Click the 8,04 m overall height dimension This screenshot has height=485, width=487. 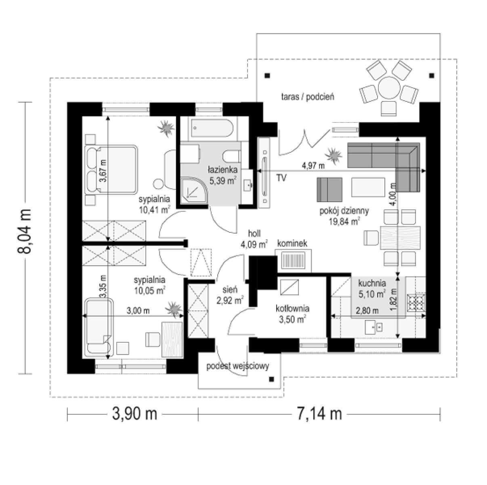point(24,231)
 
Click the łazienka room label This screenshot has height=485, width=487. point(223,169)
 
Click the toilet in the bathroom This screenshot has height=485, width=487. point(231,157)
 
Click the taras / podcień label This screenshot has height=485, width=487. point(308,97)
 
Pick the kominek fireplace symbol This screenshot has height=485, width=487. point(294,260)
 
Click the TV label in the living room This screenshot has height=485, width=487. point(281,178)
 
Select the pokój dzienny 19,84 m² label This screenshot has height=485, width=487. point(344,216)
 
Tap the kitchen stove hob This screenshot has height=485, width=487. point(416,303)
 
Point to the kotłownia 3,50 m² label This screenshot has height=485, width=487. point(292,314)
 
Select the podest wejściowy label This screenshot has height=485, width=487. point(237,366)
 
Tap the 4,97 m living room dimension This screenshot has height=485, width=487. point(313,166)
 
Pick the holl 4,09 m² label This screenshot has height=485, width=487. point(254,238)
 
